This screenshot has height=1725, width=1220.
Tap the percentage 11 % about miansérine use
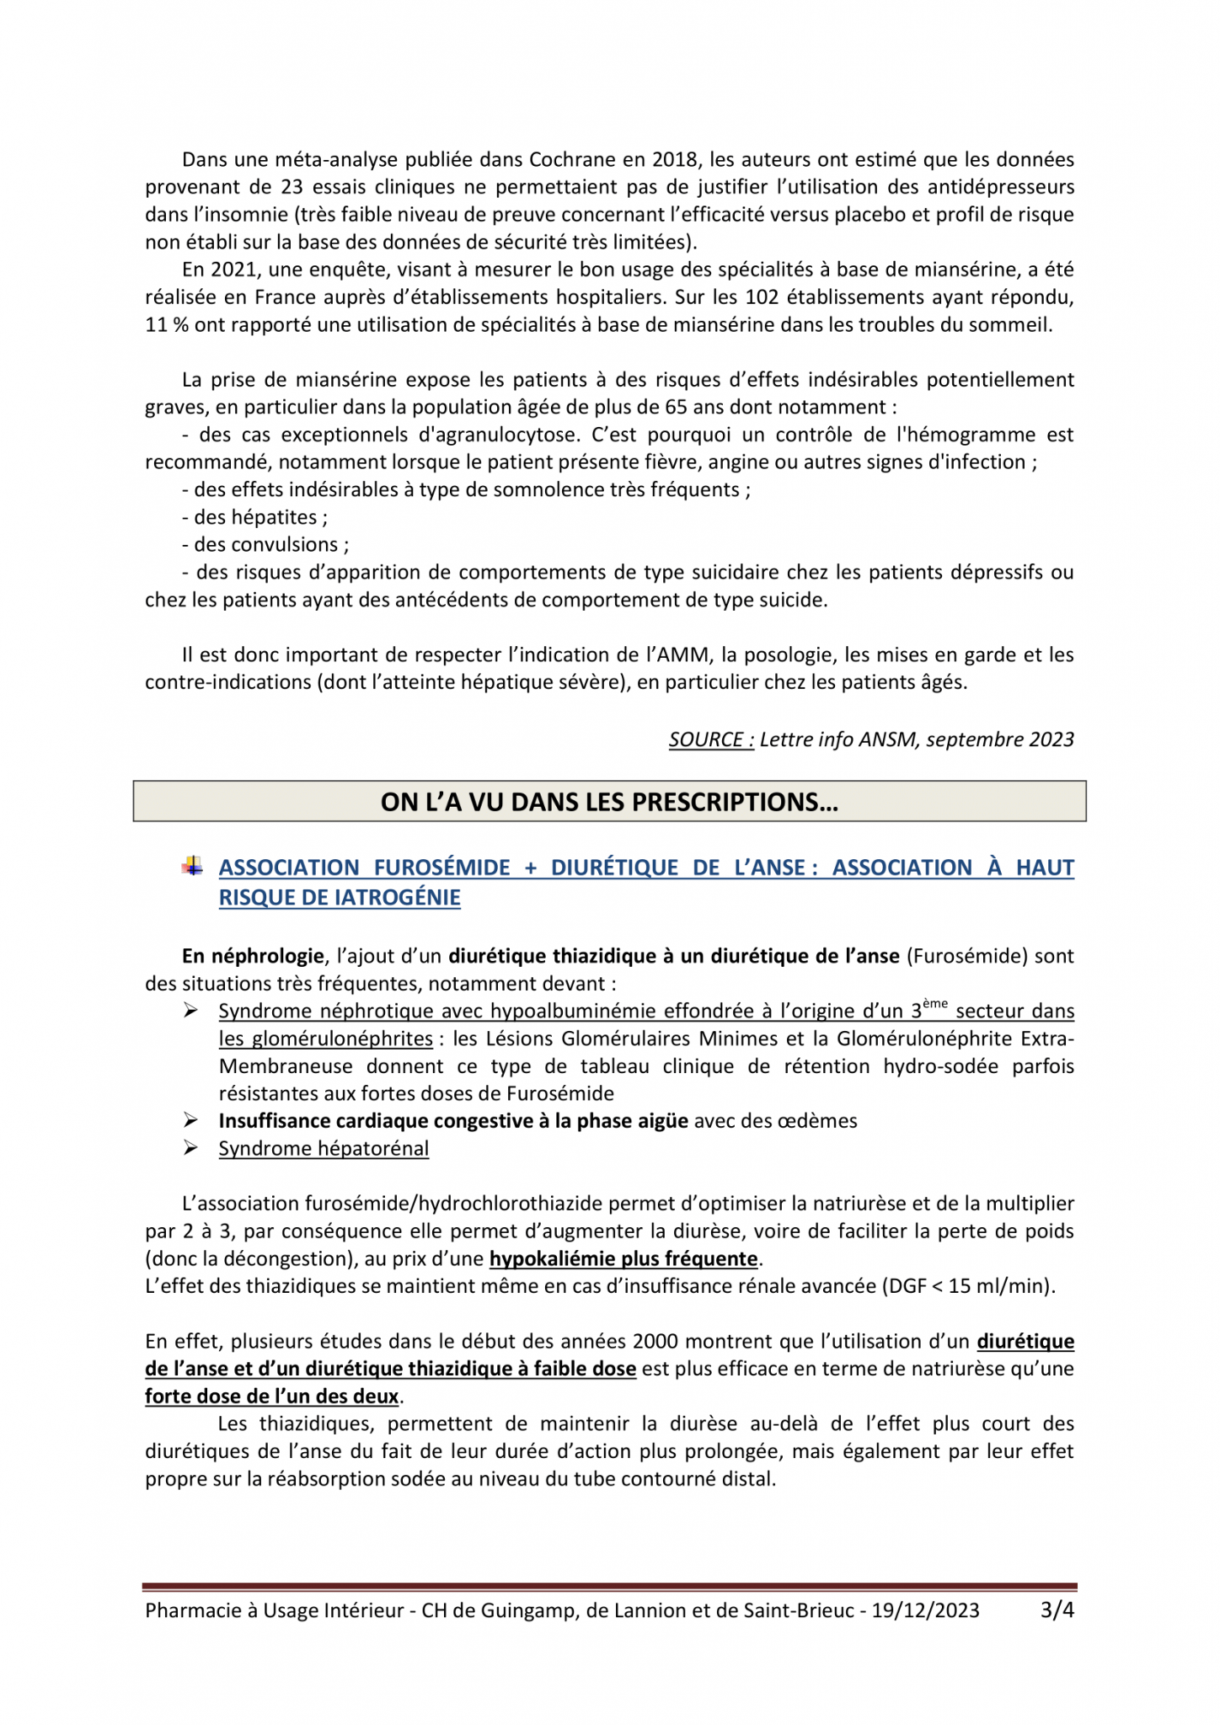pos(166,325)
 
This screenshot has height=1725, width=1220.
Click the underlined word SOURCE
pos(710,740)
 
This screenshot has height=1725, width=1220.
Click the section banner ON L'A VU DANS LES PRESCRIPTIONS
pos(609,801)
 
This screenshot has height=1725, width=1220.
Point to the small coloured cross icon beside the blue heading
pos(193,866)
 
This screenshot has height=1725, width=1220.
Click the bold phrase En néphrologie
pos(253,956)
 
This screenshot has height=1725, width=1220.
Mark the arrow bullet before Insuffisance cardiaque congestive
pos(191,1120)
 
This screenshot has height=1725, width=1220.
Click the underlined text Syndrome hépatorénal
pos(324,1149)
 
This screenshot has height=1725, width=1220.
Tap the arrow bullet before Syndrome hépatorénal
pos(191,1148)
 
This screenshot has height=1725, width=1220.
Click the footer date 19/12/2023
pos(925,1610)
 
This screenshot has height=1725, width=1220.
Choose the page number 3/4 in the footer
pos(1057,1610)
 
